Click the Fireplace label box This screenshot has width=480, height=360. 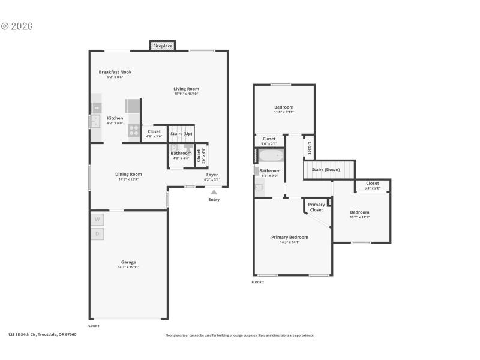click(x=163, y=46)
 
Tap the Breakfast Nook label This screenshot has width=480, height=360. click(x=115, y=72)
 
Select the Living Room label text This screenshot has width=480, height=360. click(x=186, y=89)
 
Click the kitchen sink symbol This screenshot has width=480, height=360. click(x=95, y=121)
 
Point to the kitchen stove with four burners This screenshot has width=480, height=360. click(x=134, y=131)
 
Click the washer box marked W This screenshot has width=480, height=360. click(x=97, y=219)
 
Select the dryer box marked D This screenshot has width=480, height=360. click(x=97, y=234)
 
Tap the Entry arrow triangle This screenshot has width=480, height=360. click(x=214, y=192)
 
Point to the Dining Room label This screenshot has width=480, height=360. click(x=128, y=174)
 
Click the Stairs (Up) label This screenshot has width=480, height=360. click(x=181, y=133)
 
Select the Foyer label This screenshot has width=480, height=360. click(x=212, y=175)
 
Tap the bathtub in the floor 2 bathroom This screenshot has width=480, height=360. click(x=271, y=156)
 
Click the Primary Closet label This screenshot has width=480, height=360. click(x=316, y=207)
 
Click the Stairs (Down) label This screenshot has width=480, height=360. click(x=326, y=170)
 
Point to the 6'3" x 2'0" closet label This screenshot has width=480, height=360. click(x=372, y=188)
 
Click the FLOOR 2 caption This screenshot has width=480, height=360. click(x=257, y=282)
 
